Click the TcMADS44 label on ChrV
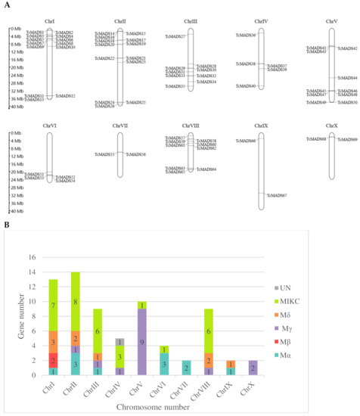coord(347,78)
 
